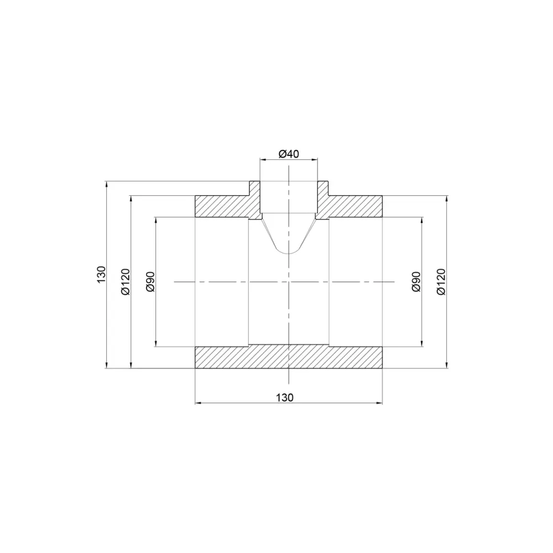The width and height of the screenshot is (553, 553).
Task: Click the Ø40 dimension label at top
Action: pos(289,154)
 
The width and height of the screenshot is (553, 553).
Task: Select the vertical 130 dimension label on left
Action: pos(101,274)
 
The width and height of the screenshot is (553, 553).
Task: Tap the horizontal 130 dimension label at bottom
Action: pos(285,398)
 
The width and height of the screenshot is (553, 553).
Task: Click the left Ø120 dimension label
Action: pos(126,281)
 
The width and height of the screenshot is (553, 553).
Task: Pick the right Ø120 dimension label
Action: pos(441,281)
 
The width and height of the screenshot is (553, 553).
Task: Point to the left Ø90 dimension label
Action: pos(150,281)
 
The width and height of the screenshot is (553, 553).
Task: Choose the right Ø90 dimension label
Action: pos(416,281)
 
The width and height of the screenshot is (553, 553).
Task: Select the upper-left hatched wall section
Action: pos(228,204)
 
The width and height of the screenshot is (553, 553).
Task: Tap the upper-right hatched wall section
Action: pos(349,204)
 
